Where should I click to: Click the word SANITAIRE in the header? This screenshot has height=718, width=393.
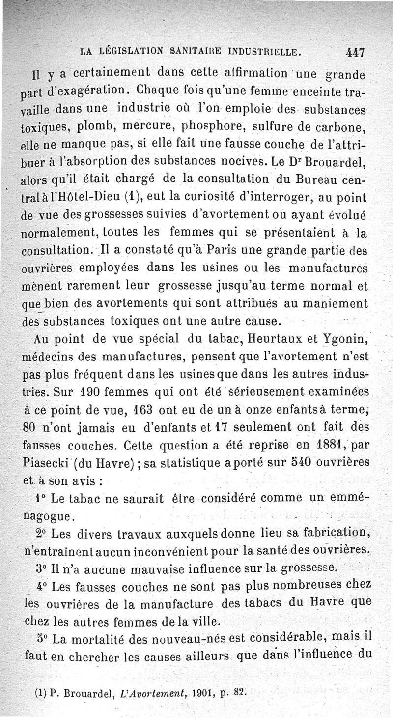click(x=197, y=51)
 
